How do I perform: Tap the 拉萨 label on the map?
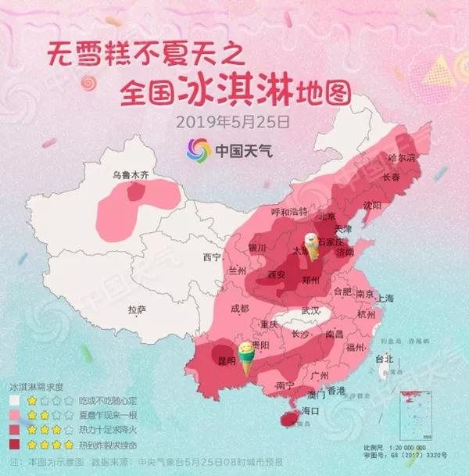tap(138, 310)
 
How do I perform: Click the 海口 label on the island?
tap(310, 410)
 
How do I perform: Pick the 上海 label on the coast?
tap(384, 299)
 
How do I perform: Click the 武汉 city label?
tap(310, 311)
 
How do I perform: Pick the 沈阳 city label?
tap(372, 205)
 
